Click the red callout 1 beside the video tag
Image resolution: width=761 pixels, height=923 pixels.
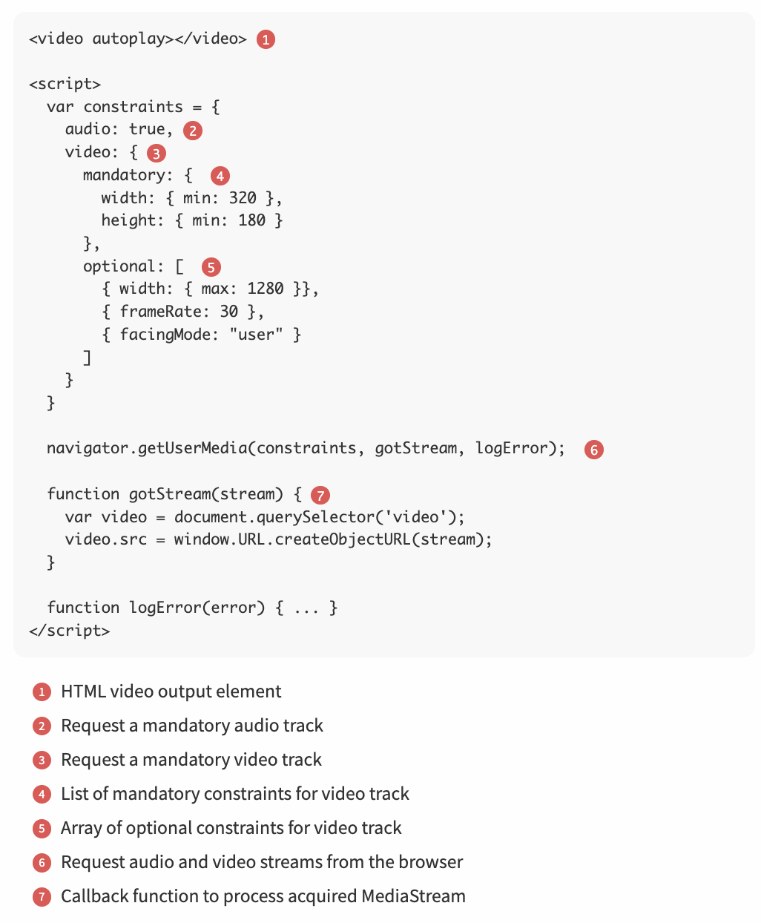266,39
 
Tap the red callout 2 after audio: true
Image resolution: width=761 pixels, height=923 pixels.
193,131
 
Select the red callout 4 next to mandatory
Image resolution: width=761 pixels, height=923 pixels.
220,176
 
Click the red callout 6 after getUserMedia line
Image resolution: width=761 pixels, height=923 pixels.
593,450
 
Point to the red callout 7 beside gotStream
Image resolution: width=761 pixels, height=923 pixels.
320,495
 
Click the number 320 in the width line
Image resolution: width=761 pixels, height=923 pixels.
243,198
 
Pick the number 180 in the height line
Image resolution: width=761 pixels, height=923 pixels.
251,220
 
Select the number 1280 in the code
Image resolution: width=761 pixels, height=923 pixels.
266,289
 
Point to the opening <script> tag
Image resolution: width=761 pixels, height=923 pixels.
65,84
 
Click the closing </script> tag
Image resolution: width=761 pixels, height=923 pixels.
69,631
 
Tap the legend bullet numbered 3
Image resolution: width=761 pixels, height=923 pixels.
42,761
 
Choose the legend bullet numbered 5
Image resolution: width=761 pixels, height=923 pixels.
42,829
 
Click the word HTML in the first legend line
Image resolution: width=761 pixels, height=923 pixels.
83,692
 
